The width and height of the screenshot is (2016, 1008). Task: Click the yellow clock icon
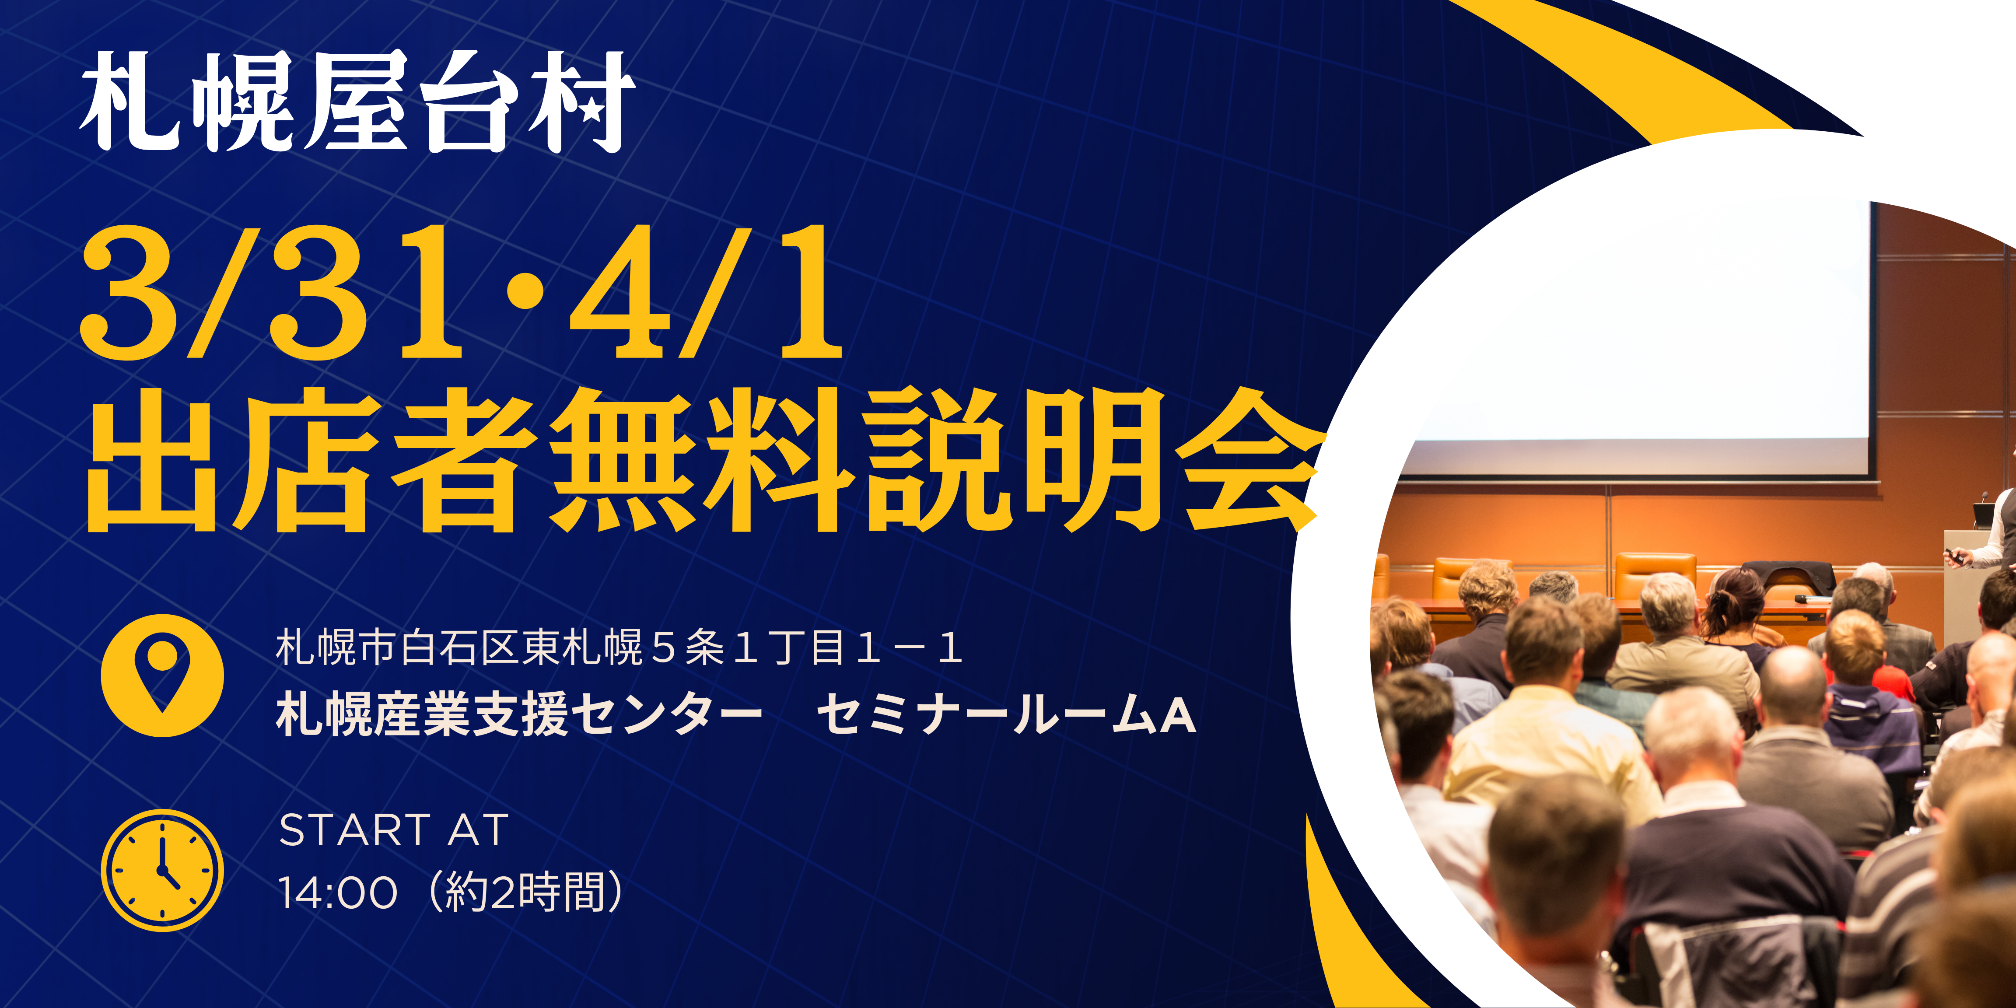point(162,870)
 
